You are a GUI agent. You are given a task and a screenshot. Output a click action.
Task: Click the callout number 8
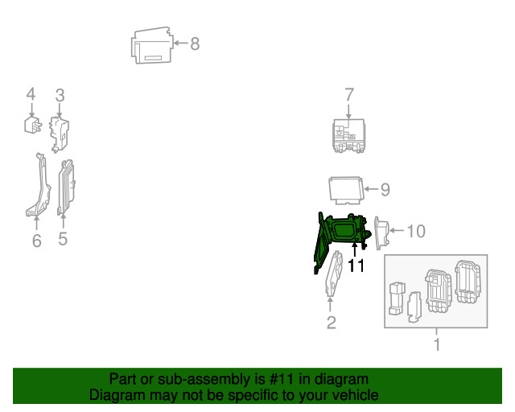(195, 43)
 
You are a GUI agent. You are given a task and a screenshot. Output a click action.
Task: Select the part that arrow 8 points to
(152, 45)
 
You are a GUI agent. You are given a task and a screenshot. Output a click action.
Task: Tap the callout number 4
(31, 94)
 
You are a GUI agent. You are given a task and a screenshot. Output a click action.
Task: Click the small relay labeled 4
(33, 125)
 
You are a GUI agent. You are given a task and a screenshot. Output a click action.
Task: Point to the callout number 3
(60, 95)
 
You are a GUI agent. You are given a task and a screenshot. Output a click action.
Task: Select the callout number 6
(37, 241)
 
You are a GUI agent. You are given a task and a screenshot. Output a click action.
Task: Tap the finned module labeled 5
(66, 187)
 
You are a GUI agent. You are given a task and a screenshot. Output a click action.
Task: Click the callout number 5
(63, 239)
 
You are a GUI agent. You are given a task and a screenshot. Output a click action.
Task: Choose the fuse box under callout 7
(348, 136)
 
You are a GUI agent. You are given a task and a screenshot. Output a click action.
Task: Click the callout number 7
(349, 95)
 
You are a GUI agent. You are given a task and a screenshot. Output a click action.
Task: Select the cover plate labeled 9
(346, 190)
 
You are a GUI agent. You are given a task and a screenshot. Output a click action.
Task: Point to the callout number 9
(385, 190)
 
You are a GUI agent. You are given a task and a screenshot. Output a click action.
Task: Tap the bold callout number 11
(356, 266)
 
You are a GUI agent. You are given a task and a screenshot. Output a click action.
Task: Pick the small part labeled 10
(381, 233)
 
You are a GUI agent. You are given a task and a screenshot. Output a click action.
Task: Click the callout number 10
(416, 231)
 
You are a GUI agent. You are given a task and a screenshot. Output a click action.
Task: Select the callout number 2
(331, 323)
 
